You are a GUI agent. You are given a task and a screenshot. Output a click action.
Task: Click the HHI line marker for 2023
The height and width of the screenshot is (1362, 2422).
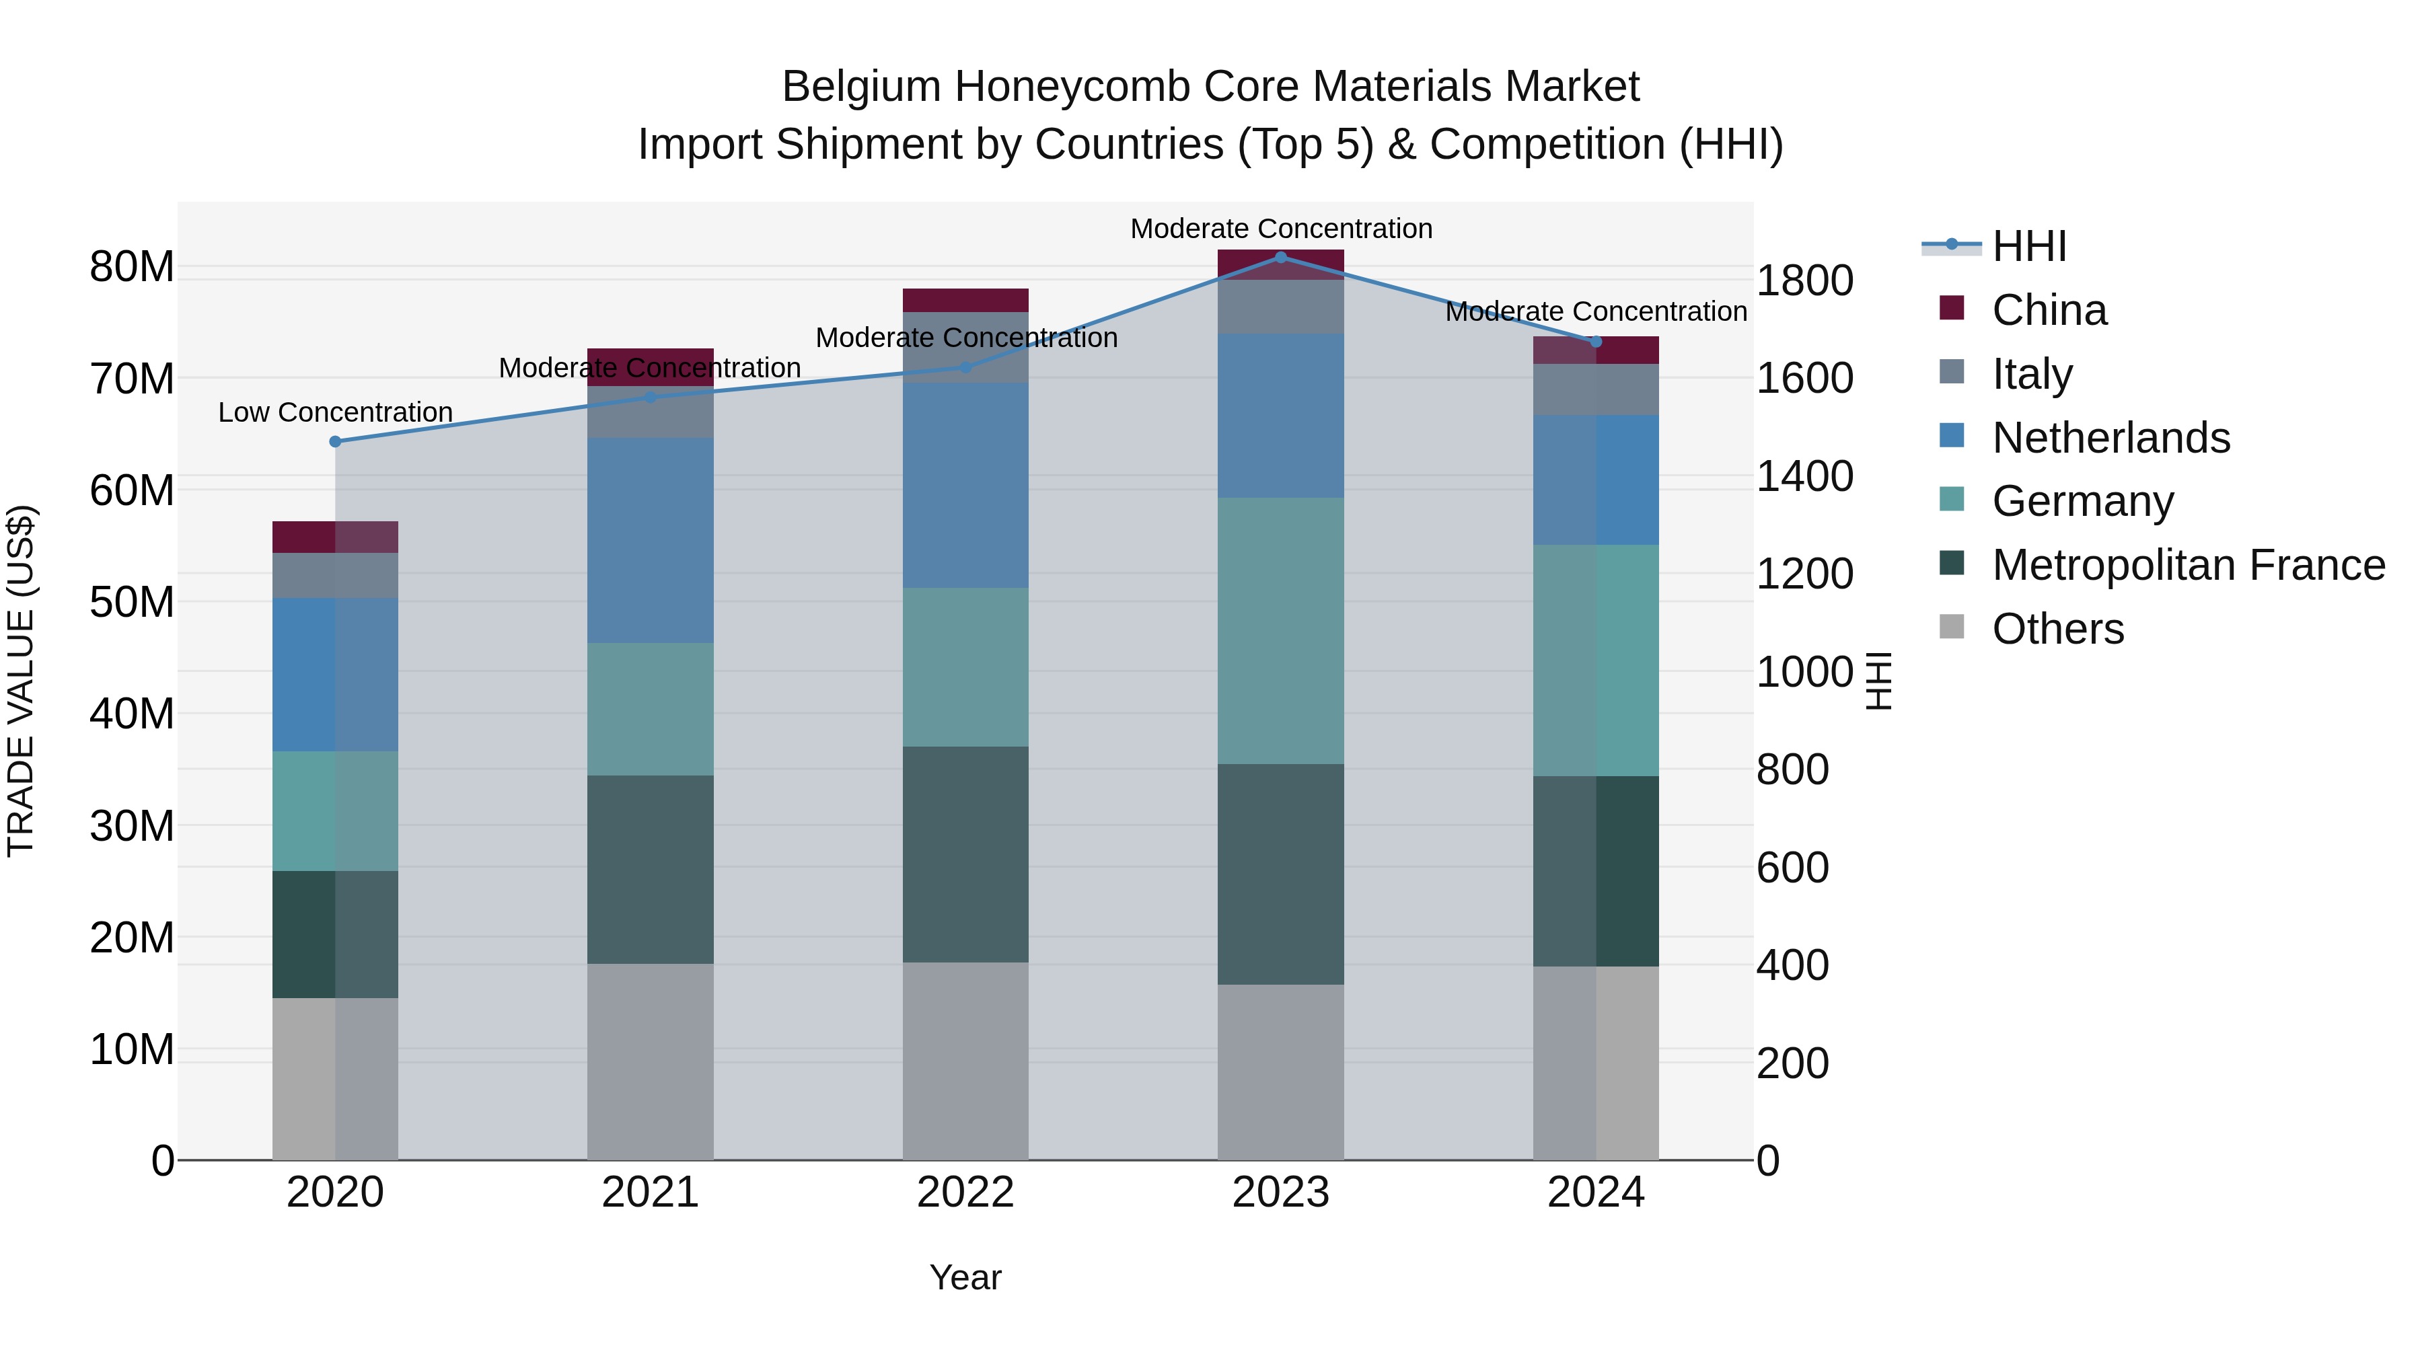(1280, 257)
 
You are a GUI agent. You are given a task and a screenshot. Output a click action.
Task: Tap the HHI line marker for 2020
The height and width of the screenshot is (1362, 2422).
(336, 441)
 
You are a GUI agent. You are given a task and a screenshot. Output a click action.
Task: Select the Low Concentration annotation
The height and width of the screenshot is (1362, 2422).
(336, 413)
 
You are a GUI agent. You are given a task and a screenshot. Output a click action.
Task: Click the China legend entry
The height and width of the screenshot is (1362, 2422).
(2050, 310)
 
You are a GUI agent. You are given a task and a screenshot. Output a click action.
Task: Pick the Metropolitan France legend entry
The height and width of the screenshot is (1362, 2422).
(2188, 565)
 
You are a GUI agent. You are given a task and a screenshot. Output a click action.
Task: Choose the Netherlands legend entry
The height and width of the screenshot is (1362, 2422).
(2111, 438)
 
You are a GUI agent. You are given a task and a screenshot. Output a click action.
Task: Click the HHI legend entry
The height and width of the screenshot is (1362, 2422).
(2029, 246)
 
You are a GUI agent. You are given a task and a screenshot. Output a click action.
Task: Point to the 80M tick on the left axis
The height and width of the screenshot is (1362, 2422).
(132, 267)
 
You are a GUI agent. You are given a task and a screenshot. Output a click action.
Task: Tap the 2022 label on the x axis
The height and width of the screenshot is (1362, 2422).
(965, 1193)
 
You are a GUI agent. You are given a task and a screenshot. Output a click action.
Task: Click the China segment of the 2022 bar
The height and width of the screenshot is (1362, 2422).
(965, 300)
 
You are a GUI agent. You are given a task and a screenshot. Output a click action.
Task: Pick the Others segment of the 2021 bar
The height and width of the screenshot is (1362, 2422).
(651, 1061)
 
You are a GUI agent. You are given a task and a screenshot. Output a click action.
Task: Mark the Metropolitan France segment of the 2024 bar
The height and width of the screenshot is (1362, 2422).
(1596, 870)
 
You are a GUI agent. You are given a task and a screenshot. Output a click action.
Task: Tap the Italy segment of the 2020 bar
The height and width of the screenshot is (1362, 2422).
(336, 574)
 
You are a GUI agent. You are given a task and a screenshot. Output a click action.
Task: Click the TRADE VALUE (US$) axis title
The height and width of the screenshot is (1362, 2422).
(22, 681)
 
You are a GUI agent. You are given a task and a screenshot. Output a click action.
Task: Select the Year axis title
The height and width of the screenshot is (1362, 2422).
(965, 1277)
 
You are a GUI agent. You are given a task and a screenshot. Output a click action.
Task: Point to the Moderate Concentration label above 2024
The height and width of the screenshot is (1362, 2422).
(1596, 311)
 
